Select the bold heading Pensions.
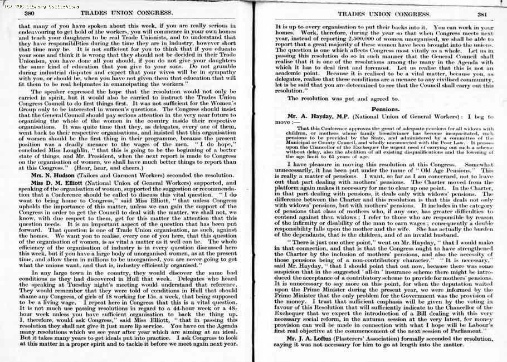tap(385, 110)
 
